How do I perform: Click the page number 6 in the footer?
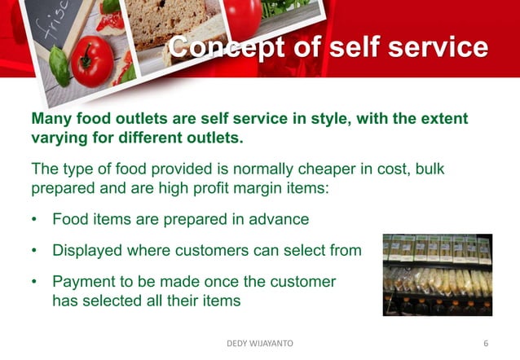[x=486, y=345]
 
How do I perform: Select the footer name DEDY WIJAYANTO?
[x=259, y=345]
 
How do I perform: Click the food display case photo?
[x=438, y=274]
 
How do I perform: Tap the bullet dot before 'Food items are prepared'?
[x=34, y=220]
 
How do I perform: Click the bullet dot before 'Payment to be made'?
[x=34, y=282]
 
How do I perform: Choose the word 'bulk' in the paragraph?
[x=427, y=169]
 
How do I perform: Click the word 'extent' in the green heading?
[x=441, y=119]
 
